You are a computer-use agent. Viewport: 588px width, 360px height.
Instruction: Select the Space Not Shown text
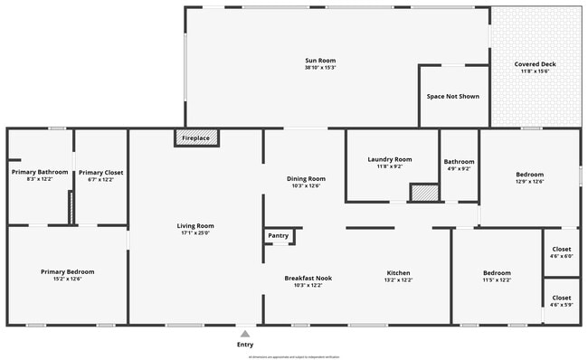(452, 96)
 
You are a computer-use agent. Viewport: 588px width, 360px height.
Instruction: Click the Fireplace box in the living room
(195, 138)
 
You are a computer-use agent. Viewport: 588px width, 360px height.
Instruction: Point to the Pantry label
(279, 235)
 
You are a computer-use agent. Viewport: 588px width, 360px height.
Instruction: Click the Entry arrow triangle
(244, 334)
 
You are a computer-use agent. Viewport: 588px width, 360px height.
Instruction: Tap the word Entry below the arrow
(244, 345)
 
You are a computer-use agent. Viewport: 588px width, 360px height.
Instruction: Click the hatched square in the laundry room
(422, 193)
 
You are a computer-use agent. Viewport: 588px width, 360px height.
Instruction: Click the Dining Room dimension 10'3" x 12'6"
(306, 186)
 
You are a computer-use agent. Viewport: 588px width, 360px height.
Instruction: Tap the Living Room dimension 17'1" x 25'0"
(194, 232)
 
